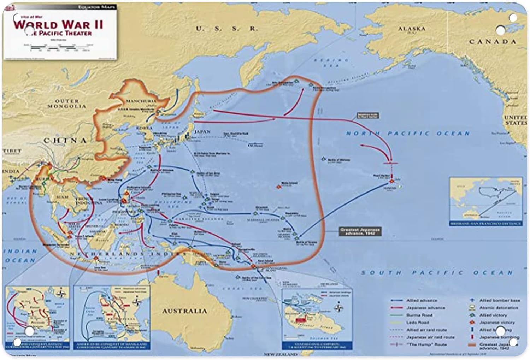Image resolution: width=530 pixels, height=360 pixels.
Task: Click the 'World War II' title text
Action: [x=58, y=24]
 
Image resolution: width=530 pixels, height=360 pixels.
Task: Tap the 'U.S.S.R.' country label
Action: [x=227, y=29]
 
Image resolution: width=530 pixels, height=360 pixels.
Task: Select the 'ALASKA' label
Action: [x=412, y=28]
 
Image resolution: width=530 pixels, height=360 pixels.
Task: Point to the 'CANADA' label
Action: [x=493, y=42]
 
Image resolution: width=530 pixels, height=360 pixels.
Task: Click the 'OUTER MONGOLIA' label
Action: [x=67, y=104]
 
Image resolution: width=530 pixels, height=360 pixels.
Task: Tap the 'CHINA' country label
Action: [x=65, y=140]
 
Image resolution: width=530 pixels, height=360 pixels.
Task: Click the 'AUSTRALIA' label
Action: [x=184, y=311]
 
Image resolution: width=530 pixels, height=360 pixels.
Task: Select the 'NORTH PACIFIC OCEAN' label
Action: [x=408, y=134]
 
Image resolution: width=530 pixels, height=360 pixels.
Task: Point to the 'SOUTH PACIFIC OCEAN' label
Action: [x=437, y=273]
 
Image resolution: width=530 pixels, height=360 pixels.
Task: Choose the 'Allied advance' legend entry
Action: [x=421, y=300]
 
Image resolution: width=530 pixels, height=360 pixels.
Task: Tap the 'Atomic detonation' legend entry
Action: [x=499, y=308]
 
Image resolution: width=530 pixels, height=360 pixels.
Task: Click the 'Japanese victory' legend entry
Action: [x=497, y=323]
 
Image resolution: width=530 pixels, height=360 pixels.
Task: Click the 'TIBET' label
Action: [x=12, y=151]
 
